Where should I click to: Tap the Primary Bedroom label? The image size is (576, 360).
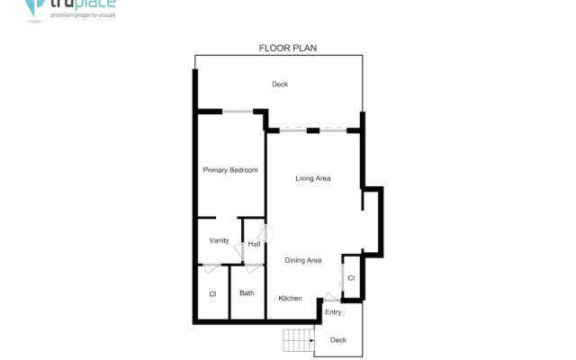[230, 170]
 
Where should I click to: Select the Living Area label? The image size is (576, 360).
[313, 178]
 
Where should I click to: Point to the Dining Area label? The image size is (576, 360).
[303, 260]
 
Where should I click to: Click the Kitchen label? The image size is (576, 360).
[290, 298]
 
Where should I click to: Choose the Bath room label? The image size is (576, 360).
[247, 293]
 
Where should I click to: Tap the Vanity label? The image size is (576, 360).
[219, 240]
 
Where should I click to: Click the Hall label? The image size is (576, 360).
[254, 244]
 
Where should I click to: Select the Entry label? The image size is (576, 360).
[333, 312]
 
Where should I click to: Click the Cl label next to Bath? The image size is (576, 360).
[213, 294]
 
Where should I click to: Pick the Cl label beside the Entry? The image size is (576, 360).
[351, 278]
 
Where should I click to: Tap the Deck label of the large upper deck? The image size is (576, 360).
[280, 85]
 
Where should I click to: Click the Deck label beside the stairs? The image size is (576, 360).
[338, 339]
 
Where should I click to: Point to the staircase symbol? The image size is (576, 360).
[298, 340]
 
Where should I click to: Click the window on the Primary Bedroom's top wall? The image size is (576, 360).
[238, 111]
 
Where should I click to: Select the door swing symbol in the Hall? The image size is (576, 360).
[261, 233]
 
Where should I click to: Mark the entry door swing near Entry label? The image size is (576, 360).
[332, 298]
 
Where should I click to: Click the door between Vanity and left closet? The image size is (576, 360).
[210, 266]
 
